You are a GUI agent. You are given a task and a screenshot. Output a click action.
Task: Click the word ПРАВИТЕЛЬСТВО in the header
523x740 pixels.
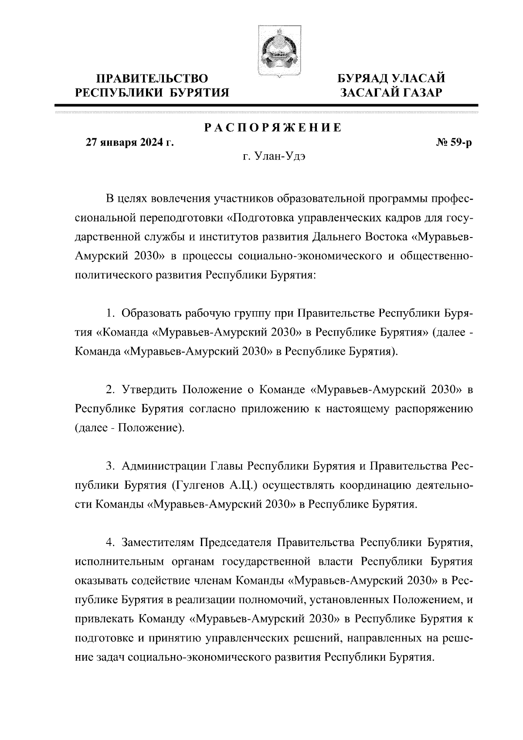[152, 79]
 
